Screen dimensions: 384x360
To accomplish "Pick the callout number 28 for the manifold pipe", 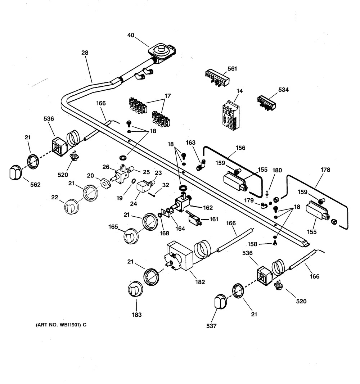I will tap(85, 53).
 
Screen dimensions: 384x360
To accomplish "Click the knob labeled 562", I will tap(14, 172).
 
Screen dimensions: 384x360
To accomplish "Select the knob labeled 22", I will tap(71, 206).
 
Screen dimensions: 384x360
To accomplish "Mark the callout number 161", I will tap(214, 219).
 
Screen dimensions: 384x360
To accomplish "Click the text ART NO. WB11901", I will tap(58, 325).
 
